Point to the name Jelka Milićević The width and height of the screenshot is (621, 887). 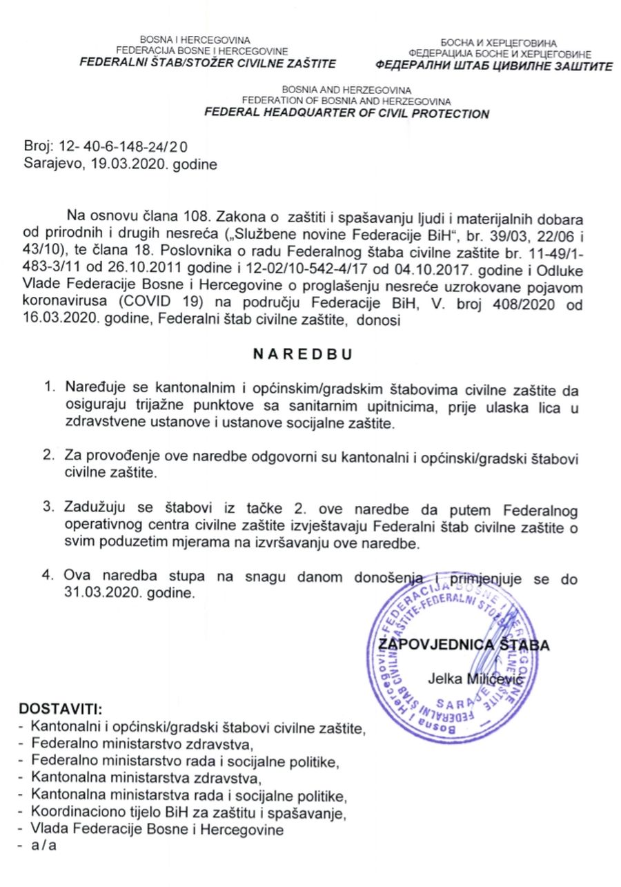click(x=475, y=679)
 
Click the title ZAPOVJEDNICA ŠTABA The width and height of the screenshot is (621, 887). click(x=464, y=645)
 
